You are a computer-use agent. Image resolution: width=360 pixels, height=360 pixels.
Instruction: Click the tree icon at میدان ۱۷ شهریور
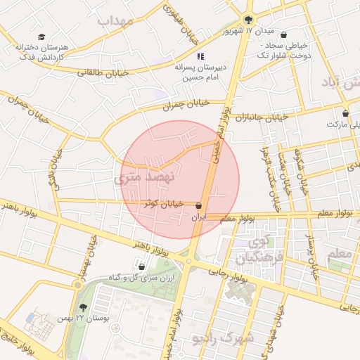pos(247,19)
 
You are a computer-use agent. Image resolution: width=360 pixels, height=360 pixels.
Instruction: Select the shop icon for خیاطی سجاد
pos(283,34)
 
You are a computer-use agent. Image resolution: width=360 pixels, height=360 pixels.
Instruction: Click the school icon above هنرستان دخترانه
pos(41,36)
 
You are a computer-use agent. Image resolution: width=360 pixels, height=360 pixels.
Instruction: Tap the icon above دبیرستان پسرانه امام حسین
pos(200,56)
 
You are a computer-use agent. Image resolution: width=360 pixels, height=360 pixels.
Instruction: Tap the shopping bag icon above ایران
pos(200,206)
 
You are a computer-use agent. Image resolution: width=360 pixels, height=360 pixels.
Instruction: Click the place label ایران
pos(200,218)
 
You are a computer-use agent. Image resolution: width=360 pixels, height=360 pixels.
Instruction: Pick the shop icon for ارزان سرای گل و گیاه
pos(142,266)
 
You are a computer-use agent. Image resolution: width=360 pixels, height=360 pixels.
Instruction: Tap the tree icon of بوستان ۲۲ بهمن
pos(84,307)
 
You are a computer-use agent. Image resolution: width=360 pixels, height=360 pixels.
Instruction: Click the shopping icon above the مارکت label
pos(345,113)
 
